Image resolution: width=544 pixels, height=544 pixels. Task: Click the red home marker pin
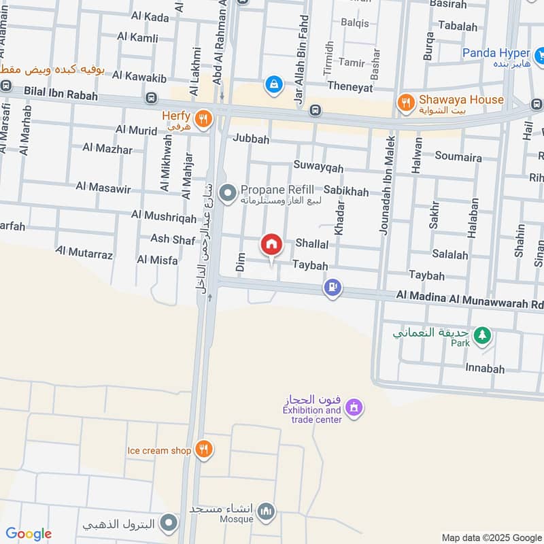coord(271,244)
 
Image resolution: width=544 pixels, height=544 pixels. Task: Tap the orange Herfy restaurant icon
coord(201,120)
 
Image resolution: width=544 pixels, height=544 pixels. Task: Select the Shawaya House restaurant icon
coord(406,103)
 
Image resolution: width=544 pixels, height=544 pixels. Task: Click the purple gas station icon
coord(332,288)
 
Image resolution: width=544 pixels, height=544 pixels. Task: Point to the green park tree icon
coord(482,335)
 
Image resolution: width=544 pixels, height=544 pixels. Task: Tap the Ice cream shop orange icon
coord(202,449)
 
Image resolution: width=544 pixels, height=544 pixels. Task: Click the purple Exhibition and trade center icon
coord(353,408)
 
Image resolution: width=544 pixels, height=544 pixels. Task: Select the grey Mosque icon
coord(267,510)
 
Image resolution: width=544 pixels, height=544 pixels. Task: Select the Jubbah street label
coord(251,139)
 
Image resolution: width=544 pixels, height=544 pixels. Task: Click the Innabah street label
coord(485,369)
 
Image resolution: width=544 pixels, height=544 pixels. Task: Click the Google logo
coord(29,534)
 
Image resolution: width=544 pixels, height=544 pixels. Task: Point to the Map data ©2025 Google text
coord(491,537)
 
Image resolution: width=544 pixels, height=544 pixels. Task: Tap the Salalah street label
coord(449,255)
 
